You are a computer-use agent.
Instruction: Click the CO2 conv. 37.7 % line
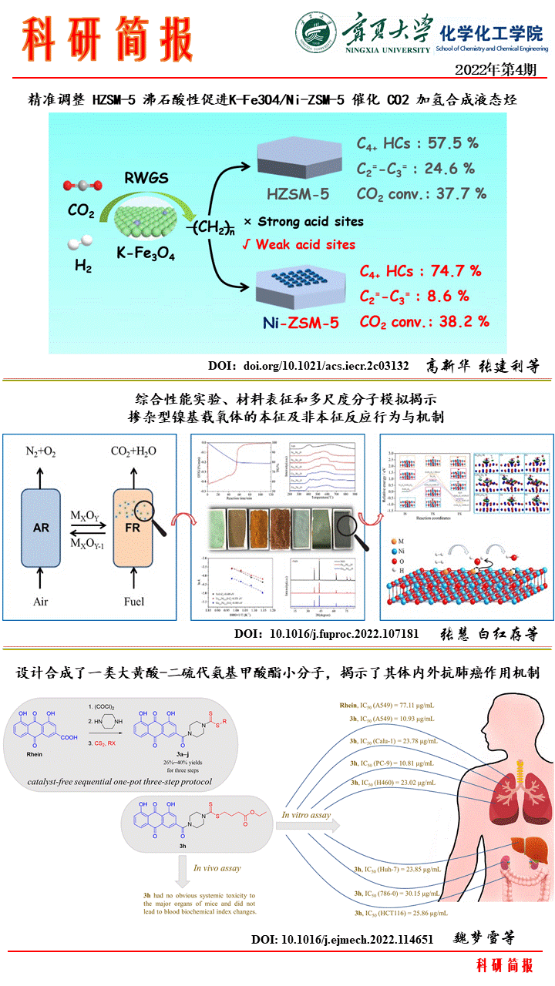pos(421,193)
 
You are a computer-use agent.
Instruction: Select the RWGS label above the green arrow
pos(146,180)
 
